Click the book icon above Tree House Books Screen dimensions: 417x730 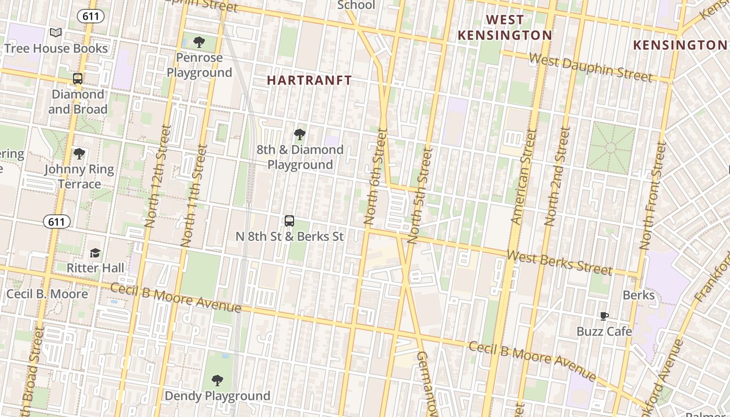click(56, 33)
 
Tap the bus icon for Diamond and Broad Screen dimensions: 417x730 click(78, 79)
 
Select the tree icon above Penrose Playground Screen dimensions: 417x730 click(199, 42)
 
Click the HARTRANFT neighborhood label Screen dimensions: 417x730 click(309, 80)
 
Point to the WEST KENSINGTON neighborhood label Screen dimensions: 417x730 click(504, 28)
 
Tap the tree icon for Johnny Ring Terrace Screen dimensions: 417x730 click(79, 154)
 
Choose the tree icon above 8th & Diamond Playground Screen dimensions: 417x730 click(299, 134)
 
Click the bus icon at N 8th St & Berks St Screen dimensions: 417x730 click(289, 221)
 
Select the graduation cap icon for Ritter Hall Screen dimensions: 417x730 click(95, 253)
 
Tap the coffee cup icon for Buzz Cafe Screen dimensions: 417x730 click(604, 316)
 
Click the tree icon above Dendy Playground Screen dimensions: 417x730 click(217, 381)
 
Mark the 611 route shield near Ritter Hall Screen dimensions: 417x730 click(56, 222)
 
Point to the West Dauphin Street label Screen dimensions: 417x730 click(590, 67)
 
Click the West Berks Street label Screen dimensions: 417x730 click(559, 262)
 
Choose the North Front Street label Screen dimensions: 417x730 click(653, 195)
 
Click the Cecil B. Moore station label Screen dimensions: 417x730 click(47, 294)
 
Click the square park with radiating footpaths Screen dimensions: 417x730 click(611, 149)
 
